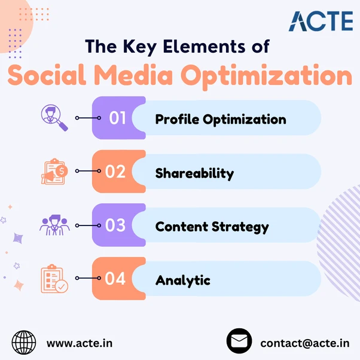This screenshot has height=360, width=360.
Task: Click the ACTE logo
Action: (x=321, y=21)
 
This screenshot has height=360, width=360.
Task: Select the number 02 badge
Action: (x=115, y=171)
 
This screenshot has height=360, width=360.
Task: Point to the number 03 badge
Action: (x=115, y=225)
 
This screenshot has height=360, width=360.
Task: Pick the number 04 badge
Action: (x=115, y=279)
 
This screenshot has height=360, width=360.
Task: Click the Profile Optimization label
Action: (x=221, y=120)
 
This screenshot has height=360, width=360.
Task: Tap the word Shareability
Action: (x=194, y=173)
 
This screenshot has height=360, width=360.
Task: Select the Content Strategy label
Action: (x=212, y=227)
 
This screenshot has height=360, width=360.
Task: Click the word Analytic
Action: (x=183, y=280)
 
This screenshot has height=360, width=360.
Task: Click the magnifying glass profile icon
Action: (x=54, y=118)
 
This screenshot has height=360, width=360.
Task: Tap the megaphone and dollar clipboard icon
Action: (x=54, y=171)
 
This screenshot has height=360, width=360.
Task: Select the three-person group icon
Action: (x=54, y=225)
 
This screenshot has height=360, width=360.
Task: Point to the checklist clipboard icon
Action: (x=54, y=279)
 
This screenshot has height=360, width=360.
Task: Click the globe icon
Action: (x=24, y=342)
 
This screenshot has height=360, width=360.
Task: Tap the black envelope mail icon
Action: (x=239, y=341)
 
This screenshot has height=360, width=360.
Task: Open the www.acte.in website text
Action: (x=80, y=343)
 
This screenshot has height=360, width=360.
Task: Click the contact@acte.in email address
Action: (x=305, y=344)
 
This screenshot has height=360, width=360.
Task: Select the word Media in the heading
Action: (x=133, y=75)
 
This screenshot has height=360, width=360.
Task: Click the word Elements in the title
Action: (x=204, y=47)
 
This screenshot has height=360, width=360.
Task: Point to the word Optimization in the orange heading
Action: (x=266, y=77)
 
